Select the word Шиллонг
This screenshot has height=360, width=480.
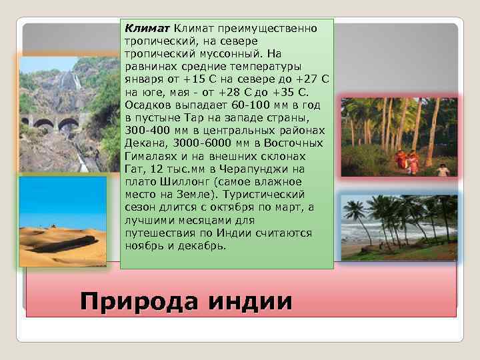coord(175,181)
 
